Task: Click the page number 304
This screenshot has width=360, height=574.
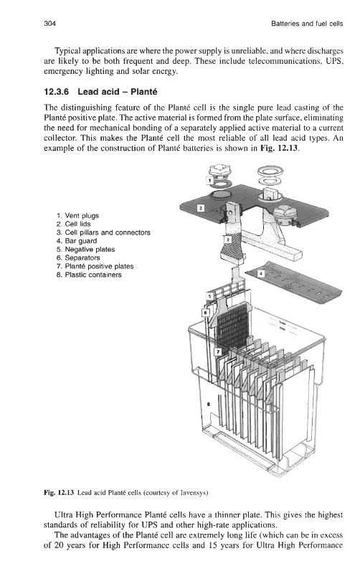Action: point(49,24)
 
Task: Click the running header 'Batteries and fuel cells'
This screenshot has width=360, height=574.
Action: point(307,24)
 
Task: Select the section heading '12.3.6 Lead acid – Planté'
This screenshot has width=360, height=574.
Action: point(100,92)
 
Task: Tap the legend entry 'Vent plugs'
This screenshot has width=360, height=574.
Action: point(82,216)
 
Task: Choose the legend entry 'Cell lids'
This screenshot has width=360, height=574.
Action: point(77,224)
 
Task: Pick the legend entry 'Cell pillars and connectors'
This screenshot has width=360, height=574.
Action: point(108,232)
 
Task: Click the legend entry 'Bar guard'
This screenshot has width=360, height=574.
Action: point(81,241)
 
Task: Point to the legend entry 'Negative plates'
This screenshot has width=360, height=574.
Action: point(90,249)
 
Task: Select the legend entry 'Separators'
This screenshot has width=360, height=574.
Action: point(82,258)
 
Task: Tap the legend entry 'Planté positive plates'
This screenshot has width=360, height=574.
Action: point(99,266)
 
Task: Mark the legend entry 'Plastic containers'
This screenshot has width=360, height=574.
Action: point(93,275)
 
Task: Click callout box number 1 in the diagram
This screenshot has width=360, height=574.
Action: point(209,181)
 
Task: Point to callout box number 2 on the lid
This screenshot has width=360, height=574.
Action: point(201,208)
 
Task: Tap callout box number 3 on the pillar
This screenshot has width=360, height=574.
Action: point(227,240)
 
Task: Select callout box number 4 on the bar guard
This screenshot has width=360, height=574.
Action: point(261,273)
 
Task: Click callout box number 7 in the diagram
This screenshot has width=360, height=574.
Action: point(217,352)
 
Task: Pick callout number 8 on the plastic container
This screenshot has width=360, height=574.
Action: point(209,405)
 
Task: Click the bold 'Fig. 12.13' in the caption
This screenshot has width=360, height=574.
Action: point(59,492)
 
